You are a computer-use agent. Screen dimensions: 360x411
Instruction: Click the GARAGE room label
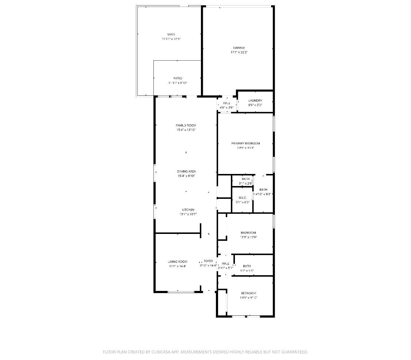(239, 48)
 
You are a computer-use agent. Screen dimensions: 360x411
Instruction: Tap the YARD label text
(171, 34)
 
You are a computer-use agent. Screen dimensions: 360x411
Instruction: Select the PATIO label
(178, 78)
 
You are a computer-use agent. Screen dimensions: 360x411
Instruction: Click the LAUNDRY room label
(255, 101)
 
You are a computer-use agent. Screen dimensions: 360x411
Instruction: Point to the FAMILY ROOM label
(186, 125)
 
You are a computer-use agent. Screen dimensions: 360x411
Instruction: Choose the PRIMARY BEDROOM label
(246, 143)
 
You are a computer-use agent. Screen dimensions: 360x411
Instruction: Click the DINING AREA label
(186, 171)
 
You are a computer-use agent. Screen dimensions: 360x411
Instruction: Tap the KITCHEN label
(188, 210)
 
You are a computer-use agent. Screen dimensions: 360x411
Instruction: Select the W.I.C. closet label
(243, 198)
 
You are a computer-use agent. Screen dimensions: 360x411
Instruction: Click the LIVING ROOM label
(178, 262)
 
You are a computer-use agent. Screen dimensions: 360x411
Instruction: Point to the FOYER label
(208, 261)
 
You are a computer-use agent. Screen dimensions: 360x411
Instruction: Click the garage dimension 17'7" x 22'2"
(239, 52)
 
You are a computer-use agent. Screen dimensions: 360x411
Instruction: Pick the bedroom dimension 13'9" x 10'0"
(248, 237)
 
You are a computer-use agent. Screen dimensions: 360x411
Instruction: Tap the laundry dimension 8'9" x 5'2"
(255, 105)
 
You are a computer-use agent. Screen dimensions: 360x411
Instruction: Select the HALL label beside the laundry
(227, 103)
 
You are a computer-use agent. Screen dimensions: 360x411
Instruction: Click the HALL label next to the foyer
(225, 264)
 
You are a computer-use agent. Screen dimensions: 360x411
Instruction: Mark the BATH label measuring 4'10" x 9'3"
(263, 190)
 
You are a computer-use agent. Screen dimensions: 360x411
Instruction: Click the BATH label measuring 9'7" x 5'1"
(247, 266)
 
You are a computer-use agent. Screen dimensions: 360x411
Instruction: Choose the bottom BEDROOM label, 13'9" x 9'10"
(248, 293)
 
